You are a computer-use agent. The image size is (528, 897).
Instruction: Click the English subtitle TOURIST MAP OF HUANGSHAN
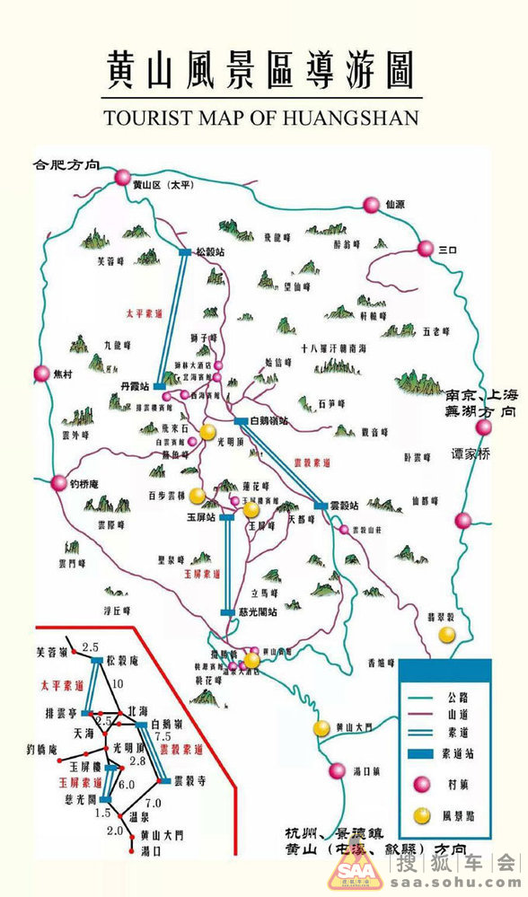click(x=260, y=118)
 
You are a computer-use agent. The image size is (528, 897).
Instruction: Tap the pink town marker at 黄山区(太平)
click(x=123, y=178)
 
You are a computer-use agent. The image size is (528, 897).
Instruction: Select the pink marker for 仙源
click(x=371, y=205)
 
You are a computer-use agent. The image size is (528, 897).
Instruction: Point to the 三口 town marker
click(x=425, y=249)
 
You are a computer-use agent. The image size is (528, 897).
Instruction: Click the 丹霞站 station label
click(x=134, y=385)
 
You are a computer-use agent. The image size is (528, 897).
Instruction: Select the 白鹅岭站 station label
click(x=269, y=420)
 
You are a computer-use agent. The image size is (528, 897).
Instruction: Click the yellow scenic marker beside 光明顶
click(x=207, y=432)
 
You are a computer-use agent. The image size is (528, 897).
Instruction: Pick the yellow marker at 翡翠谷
click(x=446, y=635)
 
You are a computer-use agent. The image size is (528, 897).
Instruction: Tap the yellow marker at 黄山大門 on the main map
click(x=321, y=727)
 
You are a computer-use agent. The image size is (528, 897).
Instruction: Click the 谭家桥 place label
click(x=471, y=454)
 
